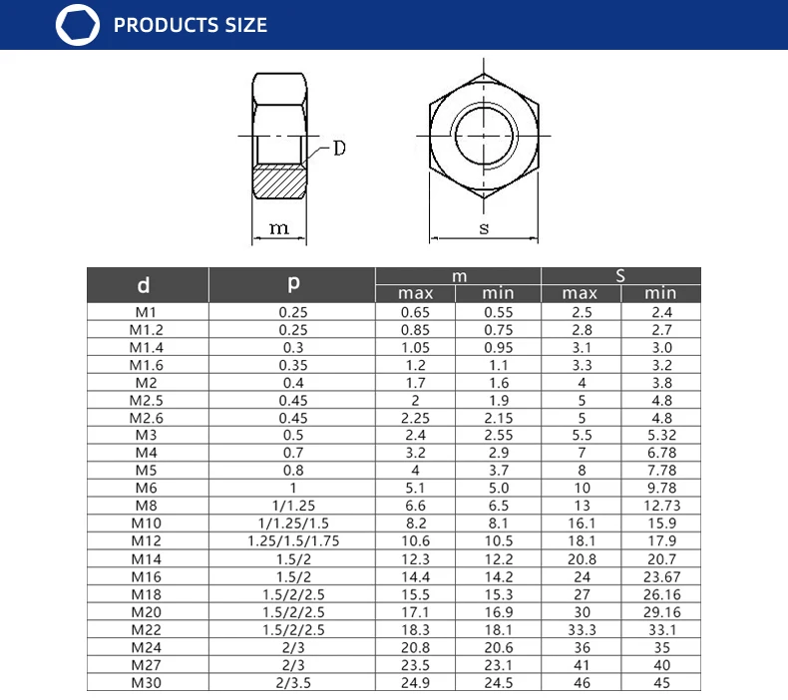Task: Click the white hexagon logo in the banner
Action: [78, 25]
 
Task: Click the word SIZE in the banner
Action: [245, 25]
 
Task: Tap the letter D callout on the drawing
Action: [340, 149]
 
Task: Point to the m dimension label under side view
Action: [279, 228]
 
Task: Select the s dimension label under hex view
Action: [484, 228]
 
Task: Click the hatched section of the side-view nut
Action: [279, 181]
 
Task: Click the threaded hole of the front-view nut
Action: [484, 136]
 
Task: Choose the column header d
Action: [144, 285]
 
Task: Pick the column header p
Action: [293, 284]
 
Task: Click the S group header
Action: [620, 276]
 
